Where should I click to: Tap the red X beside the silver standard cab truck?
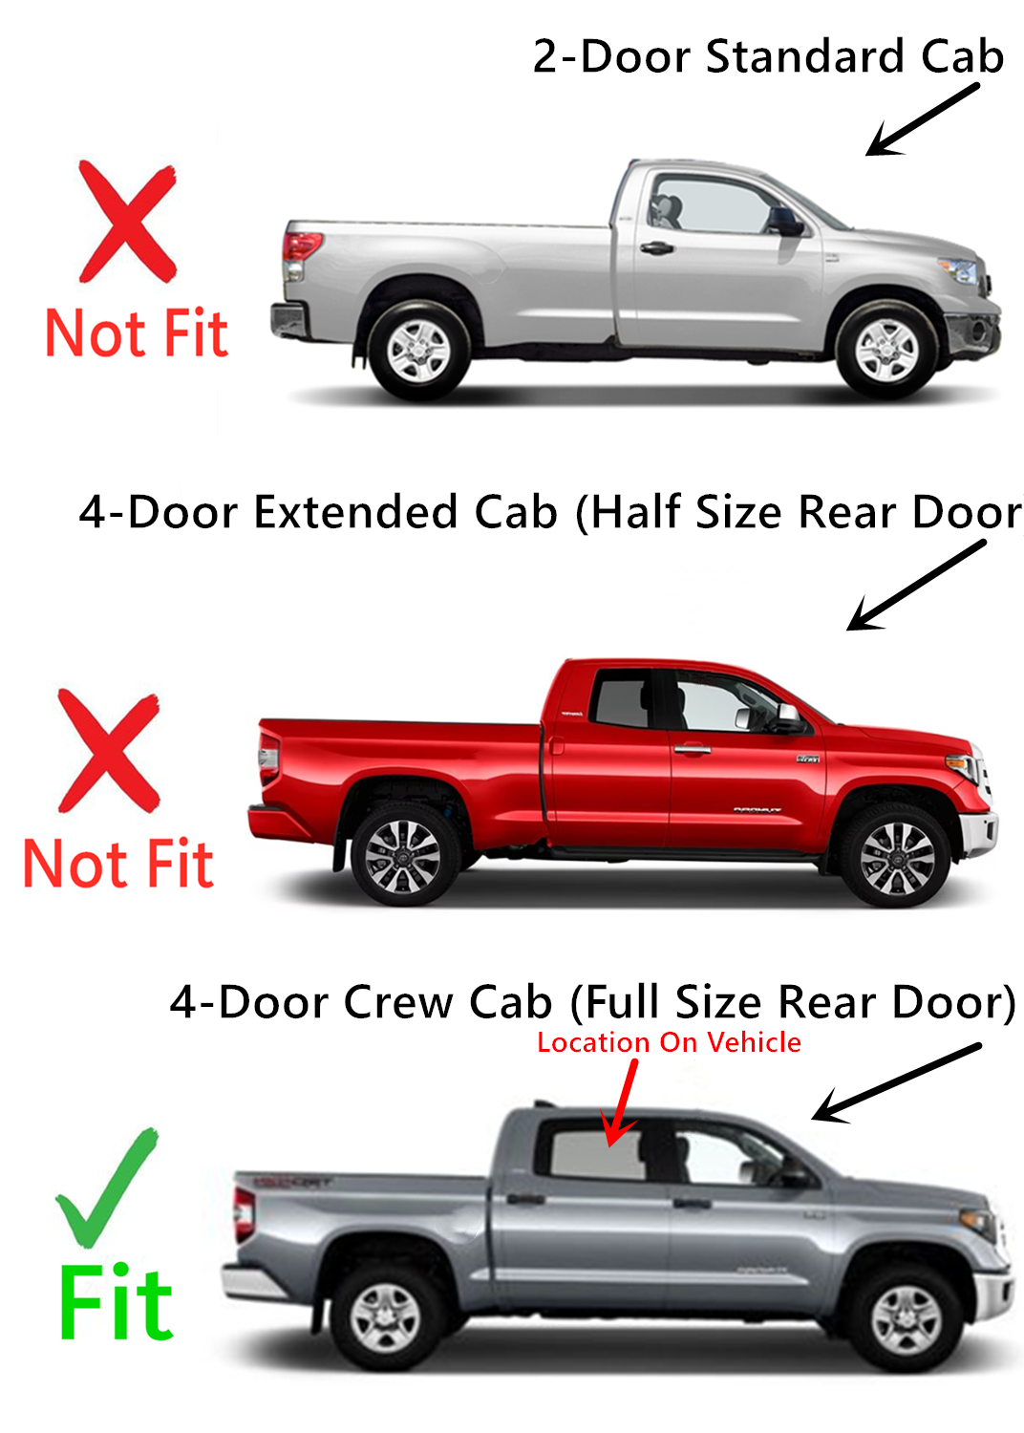click(x=127, y=222)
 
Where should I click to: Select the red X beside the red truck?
click(x=108, y=751)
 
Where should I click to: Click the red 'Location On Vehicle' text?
click(x=669, y=1042)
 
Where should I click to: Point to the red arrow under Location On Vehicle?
click(x=622, y=1103)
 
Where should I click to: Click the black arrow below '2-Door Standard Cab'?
click(x=922, y=119)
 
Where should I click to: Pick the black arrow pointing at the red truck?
click(x=915, y=585)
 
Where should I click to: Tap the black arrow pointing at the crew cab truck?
click(x=895, y=1081)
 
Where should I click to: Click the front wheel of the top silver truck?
click(x=885, y=350)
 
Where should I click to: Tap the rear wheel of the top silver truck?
click(x=418, y=350)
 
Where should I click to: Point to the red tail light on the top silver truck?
click(x=300, y=246)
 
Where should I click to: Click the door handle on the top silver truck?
click(x=656, y=248)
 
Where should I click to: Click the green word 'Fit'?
click(x=116, y=1303)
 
